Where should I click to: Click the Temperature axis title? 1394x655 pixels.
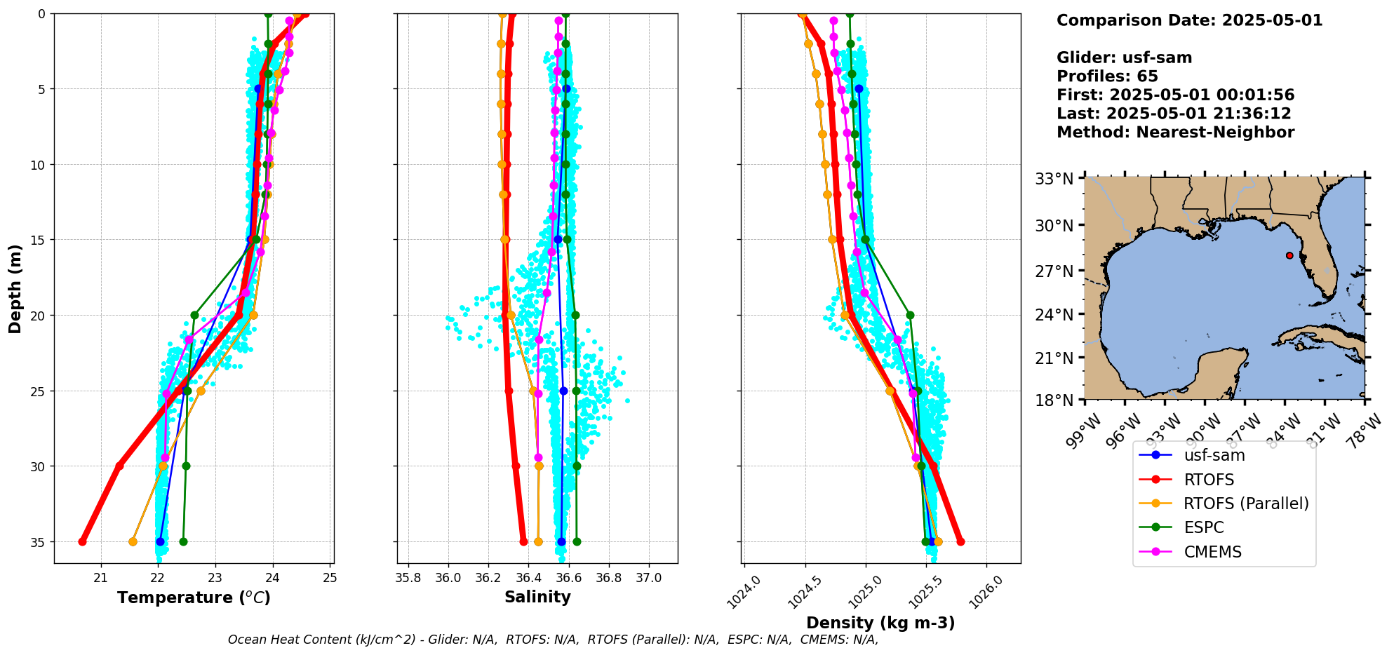coord(194,597)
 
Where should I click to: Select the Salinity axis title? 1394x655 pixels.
coord(537,597)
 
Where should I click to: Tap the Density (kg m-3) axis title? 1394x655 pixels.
coord(880,623)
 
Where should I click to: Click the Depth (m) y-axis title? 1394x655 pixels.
coord(15,288)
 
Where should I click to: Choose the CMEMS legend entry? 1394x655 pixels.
coord(1212,552)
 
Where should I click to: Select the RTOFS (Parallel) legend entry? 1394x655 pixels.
coord(1245,504)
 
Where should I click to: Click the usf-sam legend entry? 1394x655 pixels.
coord(1214,455)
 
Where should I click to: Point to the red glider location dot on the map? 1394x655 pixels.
coord(1289,255)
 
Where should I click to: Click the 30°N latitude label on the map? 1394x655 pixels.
coord(1054,225)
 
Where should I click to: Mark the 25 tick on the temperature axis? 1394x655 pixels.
coord(330,578)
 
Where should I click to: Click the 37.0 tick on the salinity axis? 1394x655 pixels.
coord(649,578)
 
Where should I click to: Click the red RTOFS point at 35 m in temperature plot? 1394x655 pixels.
coord(82,541)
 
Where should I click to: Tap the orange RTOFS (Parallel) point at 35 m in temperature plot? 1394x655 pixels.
coord(133,541)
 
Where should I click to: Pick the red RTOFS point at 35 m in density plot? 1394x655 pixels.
coord(960,541)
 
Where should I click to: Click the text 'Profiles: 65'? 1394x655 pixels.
coord(1107,76)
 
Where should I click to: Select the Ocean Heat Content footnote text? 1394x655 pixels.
coord(553,640)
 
